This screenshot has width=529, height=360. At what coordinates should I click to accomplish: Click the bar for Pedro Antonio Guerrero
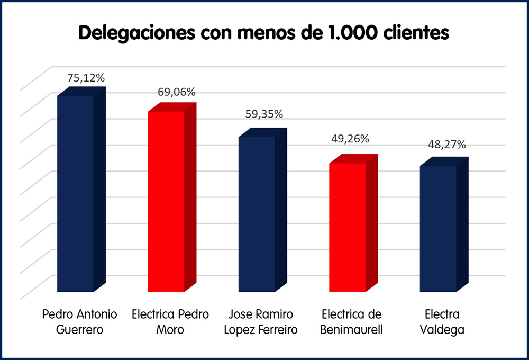(76, 193)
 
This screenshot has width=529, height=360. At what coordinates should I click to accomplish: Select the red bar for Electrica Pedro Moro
(166, 201)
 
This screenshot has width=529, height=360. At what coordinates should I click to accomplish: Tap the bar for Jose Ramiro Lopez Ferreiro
(257, 214)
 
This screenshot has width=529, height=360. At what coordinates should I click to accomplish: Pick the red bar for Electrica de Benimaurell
(348, 227)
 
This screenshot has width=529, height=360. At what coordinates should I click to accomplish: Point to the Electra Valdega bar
(439, 228)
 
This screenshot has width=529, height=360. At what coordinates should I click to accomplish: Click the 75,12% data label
(86, 78)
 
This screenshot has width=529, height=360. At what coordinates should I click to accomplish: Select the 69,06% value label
(177, 92)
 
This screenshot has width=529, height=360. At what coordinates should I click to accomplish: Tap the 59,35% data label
(264, 114)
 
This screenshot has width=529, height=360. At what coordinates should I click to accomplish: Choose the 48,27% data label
(446, 145)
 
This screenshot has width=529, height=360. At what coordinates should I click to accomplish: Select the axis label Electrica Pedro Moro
(170, 321)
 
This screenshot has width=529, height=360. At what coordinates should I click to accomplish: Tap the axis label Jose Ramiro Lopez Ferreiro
(261, 321)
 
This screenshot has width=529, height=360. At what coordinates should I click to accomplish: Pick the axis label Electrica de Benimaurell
(351, 321)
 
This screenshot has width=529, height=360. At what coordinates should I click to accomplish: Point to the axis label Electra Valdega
(442, 321)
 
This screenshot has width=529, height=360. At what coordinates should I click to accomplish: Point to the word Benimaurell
(351, 329)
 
